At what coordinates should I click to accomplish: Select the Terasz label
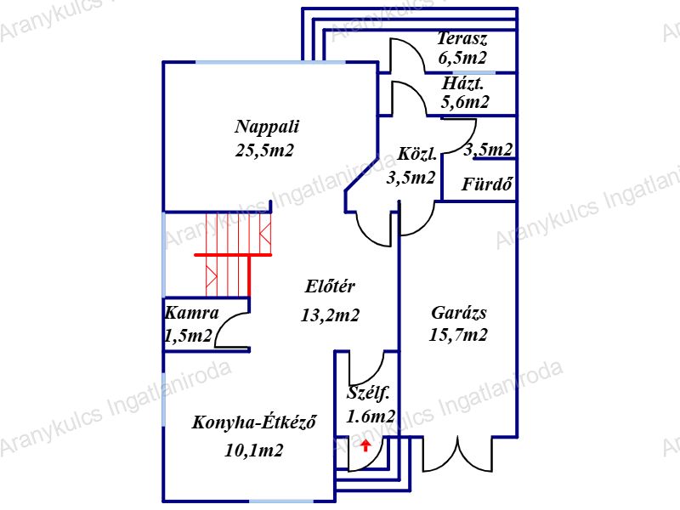point(462,38)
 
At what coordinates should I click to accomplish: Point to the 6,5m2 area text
point(462,58)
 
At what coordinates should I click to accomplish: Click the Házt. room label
point(463,84)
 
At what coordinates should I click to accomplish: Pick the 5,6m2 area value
point(465,103)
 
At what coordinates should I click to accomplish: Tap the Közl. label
point(417,155)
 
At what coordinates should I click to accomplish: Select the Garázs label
point(459,311)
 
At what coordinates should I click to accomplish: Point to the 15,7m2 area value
point(459,335)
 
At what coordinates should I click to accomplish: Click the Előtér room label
point(330,286)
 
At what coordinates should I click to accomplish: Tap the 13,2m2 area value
point(331,315)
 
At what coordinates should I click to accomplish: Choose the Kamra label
point(191,313)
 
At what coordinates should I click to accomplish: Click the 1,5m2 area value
point(188,337)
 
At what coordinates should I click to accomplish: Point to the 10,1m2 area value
point(254,450)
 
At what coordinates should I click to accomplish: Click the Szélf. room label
point(368,394)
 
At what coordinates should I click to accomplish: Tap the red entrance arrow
point(365,445)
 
